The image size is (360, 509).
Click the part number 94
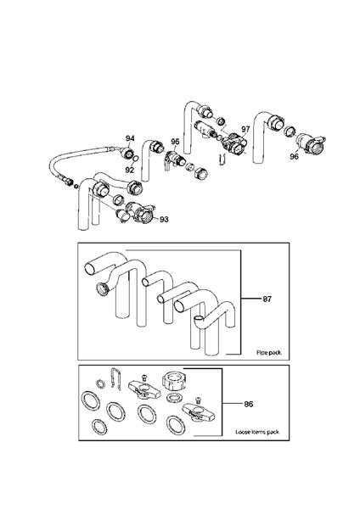pyautogui.click(x=131, y=137)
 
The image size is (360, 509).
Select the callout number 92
pyautogui.click(x=131, y=170)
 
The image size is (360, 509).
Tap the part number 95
pyautogui.click(x=176, y=142)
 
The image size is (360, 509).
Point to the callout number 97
pyautogui.click(x=245, y=129)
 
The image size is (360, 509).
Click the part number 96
pyautogui.click(x=294, y=156)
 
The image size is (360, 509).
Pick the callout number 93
pyautogui.click(x=164, y=220)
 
